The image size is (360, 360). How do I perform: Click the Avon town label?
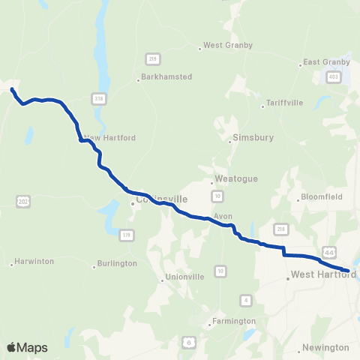pos(223,216)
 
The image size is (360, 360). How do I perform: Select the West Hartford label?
pos(322,276)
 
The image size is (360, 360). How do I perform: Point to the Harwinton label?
pos(35,262)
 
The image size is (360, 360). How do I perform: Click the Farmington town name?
pos(234,321)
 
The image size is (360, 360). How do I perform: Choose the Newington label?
pos(325,347)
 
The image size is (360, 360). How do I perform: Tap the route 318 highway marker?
pos(98,98)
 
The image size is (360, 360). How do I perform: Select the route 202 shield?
pos(22,200)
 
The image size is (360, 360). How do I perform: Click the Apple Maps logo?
pos(27,347)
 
